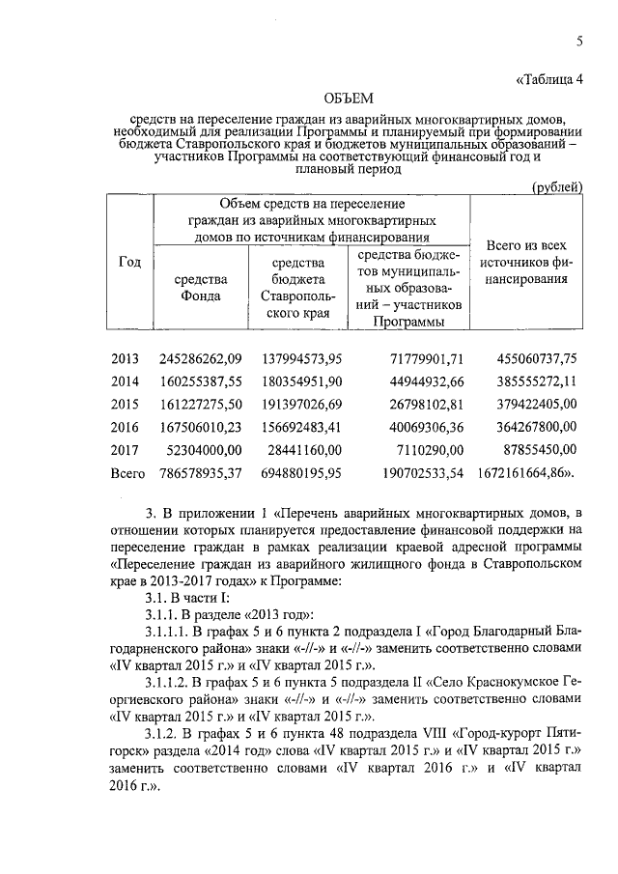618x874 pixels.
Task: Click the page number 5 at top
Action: [x=579, y=41]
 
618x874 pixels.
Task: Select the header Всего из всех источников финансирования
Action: [x=525, y=262]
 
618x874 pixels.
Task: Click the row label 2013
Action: [x=126, y=358]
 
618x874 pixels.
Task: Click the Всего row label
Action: [x=128, y=473]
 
